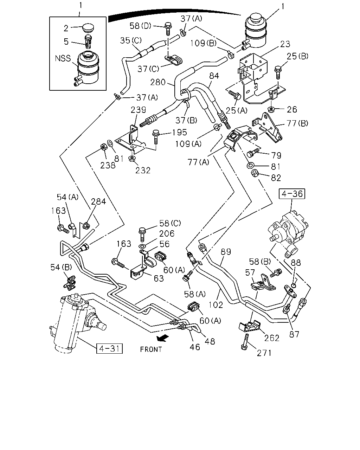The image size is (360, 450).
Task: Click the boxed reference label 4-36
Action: tap(292, 194)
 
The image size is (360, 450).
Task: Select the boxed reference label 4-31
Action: tap(109, 348)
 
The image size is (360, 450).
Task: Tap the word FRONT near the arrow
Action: tap(151, 349)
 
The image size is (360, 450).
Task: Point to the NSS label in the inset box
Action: tap(63, 58)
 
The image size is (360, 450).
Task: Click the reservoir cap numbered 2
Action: tap(88, 28)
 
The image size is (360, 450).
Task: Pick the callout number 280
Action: tap(158, 82)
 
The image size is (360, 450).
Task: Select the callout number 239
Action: tap(138, 110)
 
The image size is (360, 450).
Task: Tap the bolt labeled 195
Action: tap(155, 137)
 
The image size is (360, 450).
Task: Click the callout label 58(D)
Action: tap(140, 26)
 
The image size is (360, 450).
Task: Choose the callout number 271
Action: tap(264, 353)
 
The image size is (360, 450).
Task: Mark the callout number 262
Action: tap(272, 338)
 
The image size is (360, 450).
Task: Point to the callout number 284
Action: tap(98, 201)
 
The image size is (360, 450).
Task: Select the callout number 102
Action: tap(216, 305)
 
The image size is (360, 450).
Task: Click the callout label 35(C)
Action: tap(131, 40)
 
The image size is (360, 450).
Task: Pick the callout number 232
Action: tap(143, 171)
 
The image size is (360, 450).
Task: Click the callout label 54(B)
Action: tap(61, 267)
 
